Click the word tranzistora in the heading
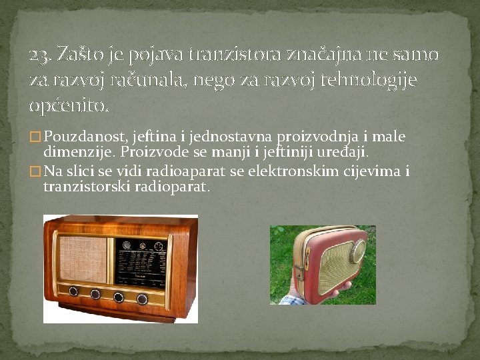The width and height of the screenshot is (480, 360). point(235,54)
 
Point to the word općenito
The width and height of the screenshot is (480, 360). point(69,107)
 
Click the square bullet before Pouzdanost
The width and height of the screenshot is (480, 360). point(35,137)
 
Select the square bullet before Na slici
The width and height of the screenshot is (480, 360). point(35,171)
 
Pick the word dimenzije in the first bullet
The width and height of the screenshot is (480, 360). point(77,153)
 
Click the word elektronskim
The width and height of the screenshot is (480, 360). point(293,171)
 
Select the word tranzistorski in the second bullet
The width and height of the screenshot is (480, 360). point(87,187)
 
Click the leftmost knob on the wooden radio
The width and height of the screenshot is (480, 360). point(73,291)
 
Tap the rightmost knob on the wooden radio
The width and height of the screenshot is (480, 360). point(142,299)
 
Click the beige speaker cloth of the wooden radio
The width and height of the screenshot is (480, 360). point(83,259)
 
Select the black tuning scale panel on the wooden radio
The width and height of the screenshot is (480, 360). point(141,263)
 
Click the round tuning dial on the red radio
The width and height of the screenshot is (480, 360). point(357,251)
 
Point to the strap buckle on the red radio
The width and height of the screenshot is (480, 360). point(300,272)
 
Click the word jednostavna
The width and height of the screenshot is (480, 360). point(230,137)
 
